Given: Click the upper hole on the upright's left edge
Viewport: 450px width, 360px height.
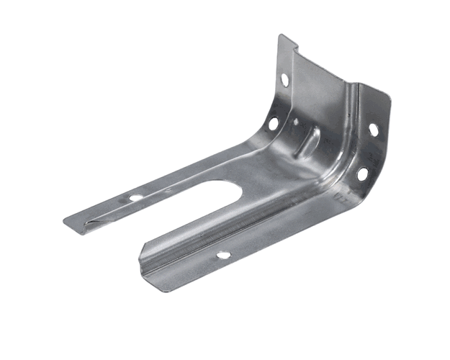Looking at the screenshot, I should [x=285, y=79].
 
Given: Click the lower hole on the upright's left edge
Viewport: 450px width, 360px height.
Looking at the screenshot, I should [x=274, y=123].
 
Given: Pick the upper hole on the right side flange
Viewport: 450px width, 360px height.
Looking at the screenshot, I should [x=373, y=130].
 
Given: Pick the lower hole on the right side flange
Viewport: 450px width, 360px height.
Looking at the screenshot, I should [x=362, y=174].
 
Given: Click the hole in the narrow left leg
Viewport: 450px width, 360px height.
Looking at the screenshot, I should [x=135, y=197].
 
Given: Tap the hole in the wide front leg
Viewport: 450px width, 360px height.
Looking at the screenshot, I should [x=223, y=254].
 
